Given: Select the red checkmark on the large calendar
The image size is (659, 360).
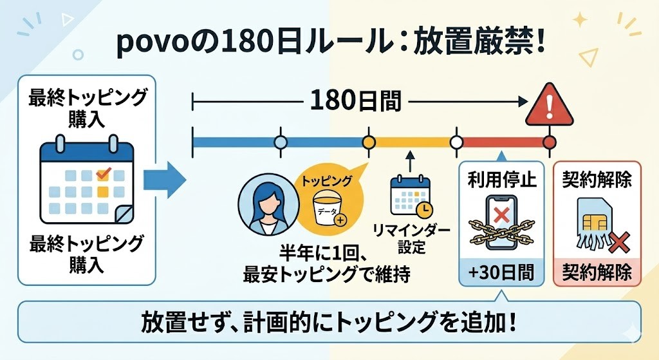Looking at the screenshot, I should [x=102, y=173].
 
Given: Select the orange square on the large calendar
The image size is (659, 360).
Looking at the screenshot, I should [x=102, y=191].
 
